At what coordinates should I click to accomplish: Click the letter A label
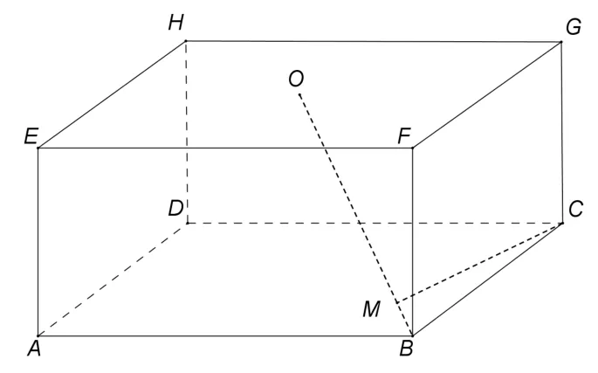(x=34, y=349)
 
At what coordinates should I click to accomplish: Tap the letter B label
(x=407, y=349)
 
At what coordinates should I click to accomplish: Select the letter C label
(x=575, y=210)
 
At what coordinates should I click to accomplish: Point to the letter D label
(x=175, y=209)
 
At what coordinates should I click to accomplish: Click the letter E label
(x=31, y=136)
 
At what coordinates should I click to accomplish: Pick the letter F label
(x=404, y=136)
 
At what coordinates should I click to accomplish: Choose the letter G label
(x=574, y=27)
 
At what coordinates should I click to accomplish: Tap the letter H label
(x=175, y=23)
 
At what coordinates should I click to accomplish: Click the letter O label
(x=296, y=79)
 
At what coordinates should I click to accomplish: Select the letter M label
(x=372, y=309)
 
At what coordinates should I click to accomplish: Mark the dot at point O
(x=299, y=94)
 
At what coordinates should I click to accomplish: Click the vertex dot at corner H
(x=186, y=40)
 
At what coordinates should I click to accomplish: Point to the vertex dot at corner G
(x=561, y=42)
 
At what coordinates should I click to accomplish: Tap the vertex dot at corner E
(x=38, y=148)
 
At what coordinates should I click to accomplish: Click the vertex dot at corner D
(x=187, y=223)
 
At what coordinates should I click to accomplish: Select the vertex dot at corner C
(x=562, y=223)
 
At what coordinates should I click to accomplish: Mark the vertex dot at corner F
(x=412, y=148)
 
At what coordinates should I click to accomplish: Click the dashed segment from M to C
(x=479, y=263)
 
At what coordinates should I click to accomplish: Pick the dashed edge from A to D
(x=113, y=280)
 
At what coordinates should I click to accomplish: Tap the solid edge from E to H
(x=112, y=94)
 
